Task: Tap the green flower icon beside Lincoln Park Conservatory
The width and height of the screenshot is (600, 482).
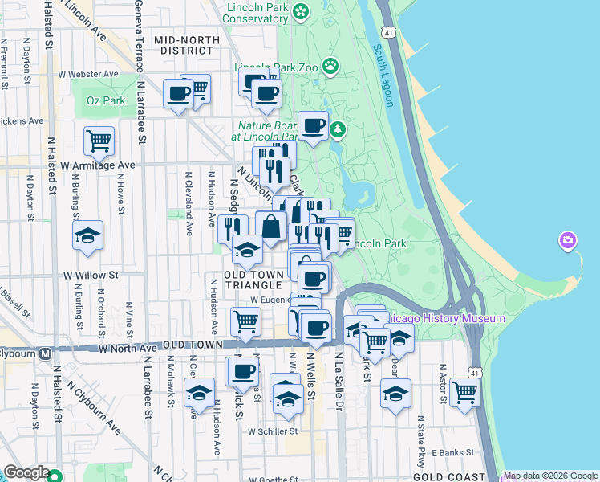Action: (300, 11)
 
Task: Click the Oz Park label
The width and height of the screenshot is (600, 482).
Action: (106, 100)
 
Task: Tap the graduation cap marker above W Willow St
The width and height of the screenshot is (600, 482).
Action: (87, 235)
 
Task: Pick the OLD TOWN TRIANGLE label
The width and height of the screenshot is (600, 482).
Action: (255, 280)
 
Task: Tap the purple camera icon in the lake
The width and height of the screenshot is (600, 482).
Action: (568, 240)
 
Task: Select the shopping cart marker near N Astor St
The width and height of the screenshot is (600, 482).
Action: (464, 392)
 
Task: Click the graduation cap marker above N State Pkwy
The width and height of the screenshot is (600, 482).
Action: (395, 393)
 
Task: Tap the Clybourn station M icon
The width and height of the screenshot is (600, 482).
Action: (46, 353)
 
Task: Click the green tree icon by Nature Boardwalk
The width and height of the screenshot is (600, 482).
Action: (339, 129)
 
